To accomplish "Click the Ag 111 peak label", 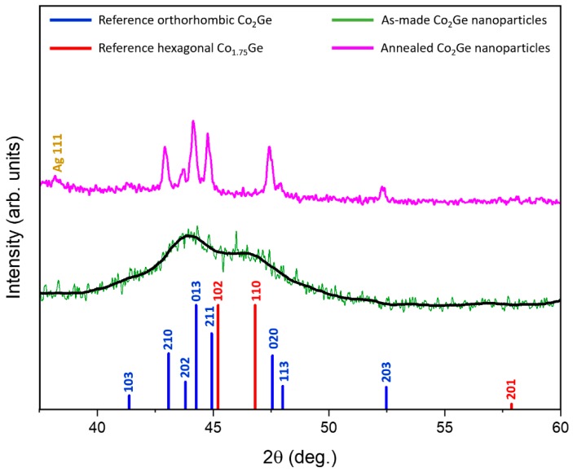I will click(58, 155).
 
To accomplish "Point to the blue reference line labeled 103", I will click(129, 401).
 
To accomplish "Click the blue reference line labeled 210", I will click(169, 381).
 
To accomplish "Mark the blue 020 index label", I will click(273, 338).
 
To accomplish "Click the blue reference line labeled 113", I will click(283, 397).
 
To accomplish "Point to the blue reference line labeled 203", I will click(386, 397).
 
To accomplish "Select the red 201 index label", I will click(512, 388).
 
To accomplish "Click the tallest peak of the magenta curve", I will click(193, 122).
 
